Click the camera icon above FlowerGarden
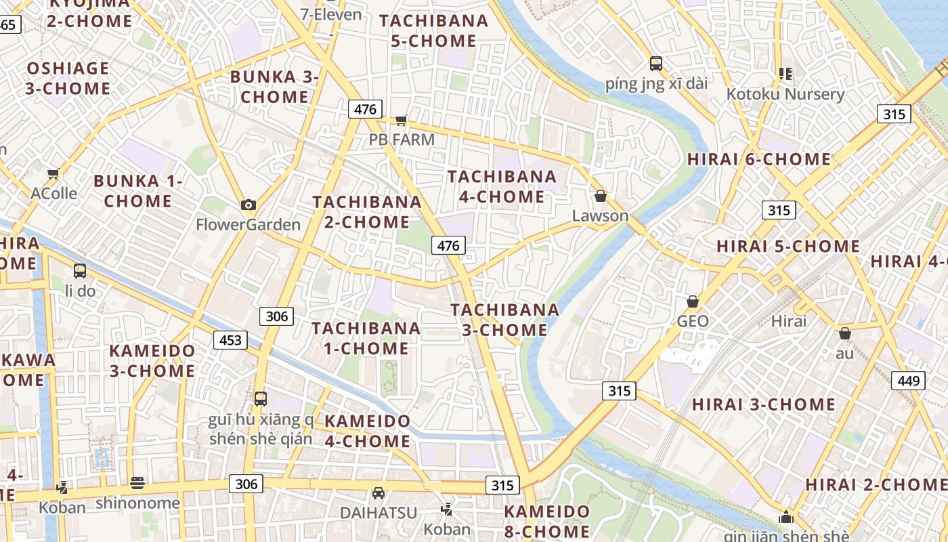(x=249, y=205)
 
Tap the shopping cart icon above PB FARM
(x=402, y=120)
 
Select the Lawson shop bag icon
(x=600, y=196)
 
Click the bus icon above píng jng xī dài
(x=655, y=64)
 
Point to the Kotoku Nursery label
(x=785, y=94)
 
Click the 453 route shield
(x=231, y=339)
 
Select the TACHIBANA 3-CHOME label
(x=505, y=320)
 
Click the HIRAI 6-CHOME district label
(x=759, y=160)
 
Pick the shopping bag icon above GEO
(x=692, y=301)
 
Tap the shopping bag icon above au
(x=844, y=333)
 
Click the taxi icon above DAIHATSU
(x=379, y=493)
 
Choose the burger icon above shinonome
(x=137, y=482)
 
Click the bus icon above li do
(x=80, y=271)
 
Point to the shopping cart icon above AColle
(x=53, y=173)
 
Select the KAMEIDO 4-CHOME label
(x=367, y=431)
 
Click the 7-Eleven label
(x=331, y=14)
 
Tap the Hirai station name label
(x=789, y=321)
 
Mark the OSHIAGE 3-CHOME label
(x=68, y=79)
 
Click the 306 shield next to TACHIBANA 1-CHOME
(x=276, y=316)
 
